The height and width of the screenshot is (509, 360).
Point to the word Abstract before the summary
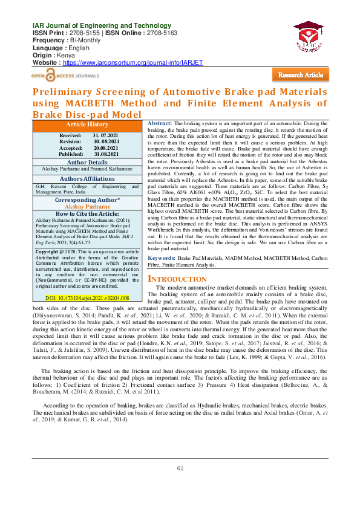click(x=160, y=123)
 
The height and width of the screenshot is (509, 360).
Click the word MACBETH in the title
click(x=104, y=103)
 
